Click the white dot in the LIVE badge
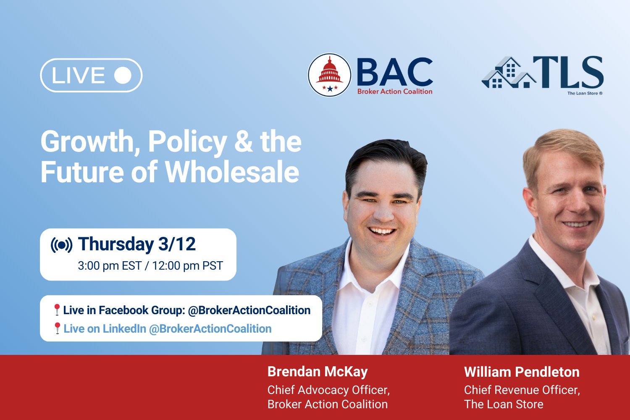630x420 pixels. click(x=123, y=76)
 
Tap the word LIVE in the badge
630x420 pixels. click(x=78, y=76)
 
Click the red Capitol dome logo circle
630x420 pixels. click(x=330, y=75)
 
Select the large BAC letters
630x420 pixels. click(x=394, y=72)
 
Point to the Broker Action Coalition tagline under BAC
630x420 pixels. click(x=394, y=92)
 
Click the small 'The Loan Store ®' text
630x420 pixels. click(x=585, y=93)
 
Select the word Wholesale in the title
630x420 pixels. click(x=232, y=172)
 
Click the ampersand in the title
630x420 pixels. click(x=244, y=142)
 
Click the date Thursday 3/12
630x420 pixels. click(x=137, y=244)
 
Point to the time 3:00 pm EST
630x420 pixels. click(x=109, y=266)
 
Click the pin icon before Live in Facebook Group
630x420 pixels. click(x=57, y=310)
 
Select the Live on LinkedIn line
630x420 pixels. click(x=167, y=328)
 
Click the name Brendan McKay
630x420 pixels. click(x=318, y=372)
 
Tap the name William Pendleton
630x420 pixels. click(x=522, y=372)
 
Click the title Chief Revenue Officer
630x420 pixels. click(x=522, y=390)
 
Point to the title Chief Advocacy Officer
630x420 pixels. click(x=328, y=390)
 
